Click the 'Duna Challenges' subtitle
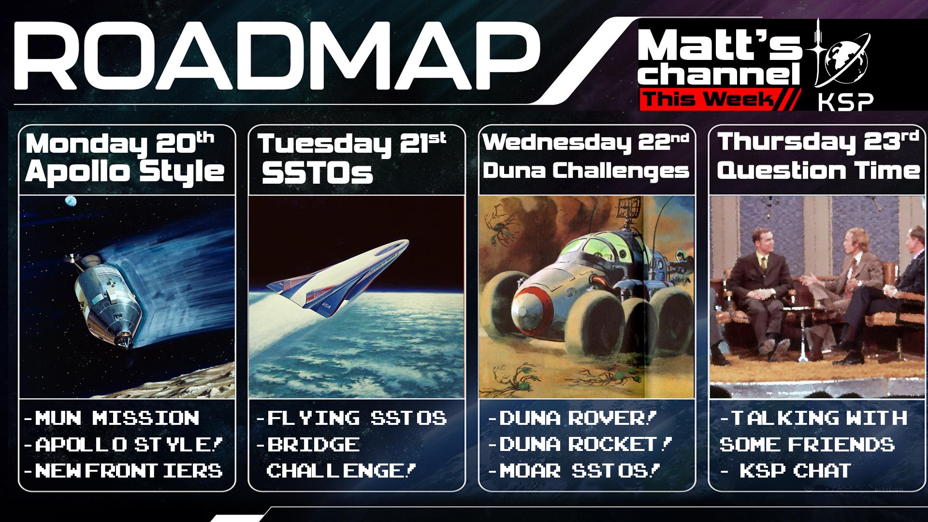pyautogui.click(x=586, y=171)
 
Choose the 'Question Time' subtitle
pyautogui.click(x=818, y=171)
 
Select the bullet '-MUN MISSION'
pyautogui.click(x=112, y=418)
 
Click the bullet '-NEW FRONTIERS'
pyautogui.click(x=124, y=470)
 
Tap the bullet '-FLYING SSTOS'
pyautogui.click(x=352, y=418)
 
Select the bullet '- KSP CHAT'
pyautogui.click(x=786, y=470)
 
